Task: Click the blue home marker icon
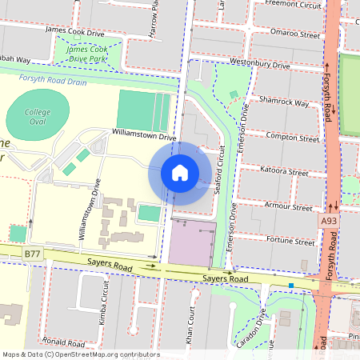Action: pyautogui.click(x=180, y=173)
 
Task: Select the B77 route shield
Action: pyautogui.click(x=32, y=254)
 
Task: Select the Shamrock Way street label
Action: pyautogui.click(x=283, y=102)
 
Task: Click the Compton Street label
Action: pyautogui.click(x=285, y=137)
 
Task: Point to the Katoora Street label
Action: pyautogui.click(x=286, y=171)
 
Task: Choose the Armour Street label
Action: pyautogui.click(x=290, y=206)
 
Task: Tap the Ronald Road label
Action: pyautogui.click(x=64, y=341)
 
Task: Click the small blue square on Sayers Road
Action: pyautogui.click(x=291, y=285)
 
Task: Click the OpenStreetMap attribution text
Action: pyautogui.click(x=80, y=354)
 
